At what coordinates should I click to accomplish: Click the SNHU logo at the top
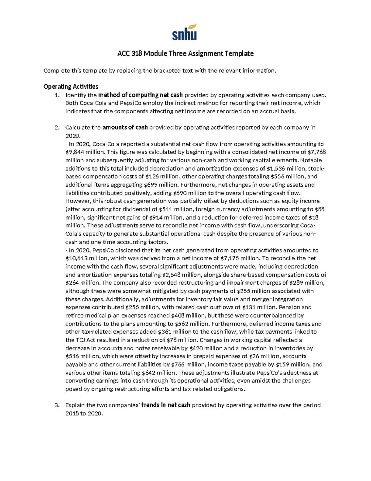(x=185, y=32)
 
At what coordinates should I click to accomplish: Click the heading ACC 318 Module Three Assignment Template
(x=185, y=54)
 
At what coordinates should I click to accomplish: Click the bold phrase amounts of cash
(x=125, y=127)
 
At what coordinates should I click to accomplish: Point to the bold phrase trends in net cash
(x=166, y=405)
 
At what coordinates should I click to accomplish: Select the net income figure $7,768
(x=317, y=152)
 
